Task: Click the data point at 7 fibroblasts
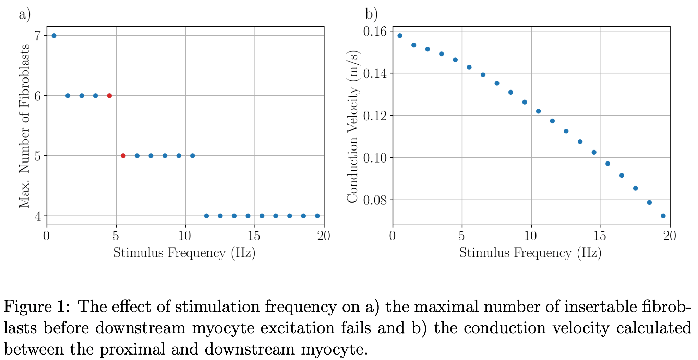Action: [54, 36]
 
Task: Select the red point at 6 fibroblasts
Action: [109, 96]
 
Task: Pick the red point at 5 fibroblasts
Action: [123, 156]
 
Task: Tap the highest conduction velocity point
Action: [400, 36]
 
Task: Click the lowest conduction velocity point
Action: [663, 216]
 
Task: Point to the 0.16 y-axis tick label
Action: [375, 32]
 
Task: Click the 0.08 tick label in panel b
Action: [375, 200]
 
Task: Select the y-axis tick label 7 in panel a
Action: [37, 36]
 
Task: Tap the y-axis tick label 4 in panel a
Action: [37, 216]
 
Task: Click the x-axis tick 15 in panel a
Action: [254, 236]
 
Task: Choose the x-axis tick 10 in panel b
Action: [531, 236]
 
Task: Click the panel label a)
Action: [25, 14]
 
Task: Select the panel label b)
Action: [371, 14]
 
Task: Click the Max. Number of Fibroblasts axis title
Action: [24, 125]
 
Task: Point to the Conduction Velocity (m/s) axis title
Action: [352, 127]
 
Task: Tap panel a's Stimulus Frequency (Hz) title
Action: [184, 253]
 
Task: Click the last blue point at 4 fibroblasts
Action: [317, 216]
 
